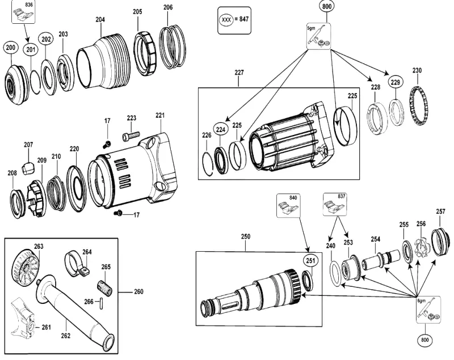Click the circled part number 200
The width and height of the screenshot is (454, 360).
11,48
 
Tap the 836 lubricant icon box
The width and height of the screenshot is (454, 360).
23,11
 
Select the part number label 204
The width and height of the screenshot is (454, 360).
100,20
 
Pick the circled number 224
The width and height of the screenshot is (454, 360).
221,130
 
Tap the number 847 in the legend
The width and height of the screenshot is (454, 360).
243,19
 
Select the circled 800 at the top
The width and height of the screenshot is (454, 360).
327,6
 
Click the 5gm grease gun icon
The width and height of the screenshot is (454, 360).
318,36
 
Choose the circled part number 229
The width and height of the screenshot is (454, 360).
395,82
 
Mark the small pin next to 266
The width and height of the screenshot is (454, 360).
102,304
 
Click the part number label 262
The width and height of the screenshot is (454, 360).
66,336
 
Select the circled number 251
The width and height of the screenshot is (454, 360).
310,261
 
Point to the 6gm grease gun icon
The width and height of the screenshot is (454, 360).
428,310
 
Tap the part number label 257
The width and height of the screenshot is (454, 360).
440,211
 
